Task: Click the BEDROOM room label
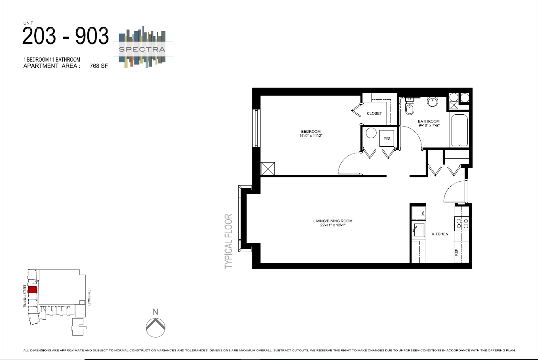coord(311,131)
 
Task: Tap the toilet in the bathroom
coord(409,108)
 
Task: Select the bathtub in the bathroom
coord(459,130)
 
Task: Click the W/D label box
coord(387,138)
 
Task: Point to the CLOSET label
coord(374,113)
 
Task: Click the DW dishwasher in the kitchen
coord(419,213)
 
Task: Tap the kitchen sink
coord(419,230)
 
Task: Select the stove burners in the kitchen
coord(462,223)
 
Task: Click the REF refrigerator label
coord(456,252)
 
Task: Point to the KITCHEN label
coord(440,234)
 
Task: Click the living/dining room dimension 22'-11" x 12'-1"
coord(333,225)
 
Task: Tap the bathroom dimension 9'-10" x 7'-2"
coord(429,125)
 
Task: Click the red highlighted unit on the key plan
coord(32,289)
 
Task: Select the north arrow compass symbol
coord(155,327)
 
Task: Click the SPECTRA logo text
coord(142,49)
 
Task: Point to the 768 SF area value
coord(99,66)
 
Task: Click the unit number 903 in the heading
coord(92,36)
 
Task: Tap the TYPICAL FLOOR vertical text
coord(228,241)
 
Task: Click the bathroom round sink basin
coord(432,101)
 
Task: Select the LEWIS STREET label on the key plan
coord(89,297)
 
